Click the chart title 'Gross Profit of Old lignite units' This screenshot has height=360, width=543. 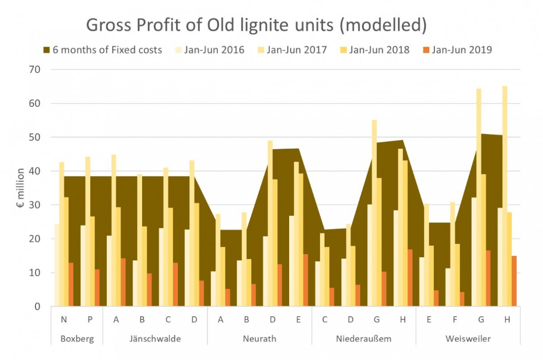(x=256, y=26)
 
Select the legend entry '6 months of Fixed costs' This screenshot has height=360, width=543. (x=102, y=50)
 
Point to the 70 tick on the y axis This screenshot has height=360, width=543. (x=35, y=70)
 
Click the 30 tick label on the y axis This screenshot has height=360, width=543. (x=35, y=205)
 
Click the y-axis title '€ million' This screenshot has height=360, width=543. (x=20, y=188)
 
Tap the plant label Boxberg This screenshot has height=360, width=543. (x=77, y=339)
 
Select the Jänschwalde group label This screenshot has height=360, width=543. (x=155, y=339)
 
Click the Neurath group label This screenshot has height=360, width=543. (x=259, y=339)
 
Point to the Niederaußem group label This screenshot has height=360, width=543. (x=363, y=339)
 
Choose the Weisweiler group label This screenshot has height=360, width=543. (x=468, y=339)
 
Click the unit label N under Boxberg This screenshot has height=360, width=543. (x=64, y=319)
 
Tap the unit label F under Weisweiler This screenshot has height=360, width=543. (x=455, y=319)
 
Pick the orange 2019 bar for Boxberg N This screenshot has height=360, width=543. (x=71, y=284)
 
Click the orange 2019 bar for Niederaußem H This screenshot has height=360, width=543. (x=410, y=278)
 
